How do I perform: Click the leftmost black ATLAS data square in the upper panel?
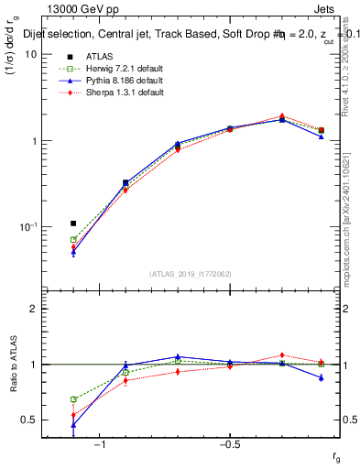coord(73,224)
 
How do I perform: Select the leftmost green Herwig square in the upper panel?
coord(73,240)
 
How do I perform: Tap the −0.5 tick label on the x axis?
coord(229,443)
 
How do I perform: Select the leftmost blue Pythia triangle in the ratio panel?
coord(73,425)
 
